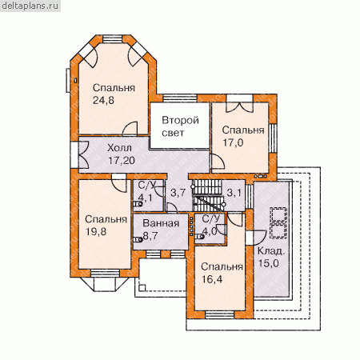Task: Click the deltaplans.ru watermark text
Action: [x=30, y=6]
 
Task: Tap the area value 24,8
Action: [x=103, y=100]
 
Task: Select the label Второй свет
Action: [x=180, y=126]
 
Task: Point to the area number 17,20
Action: [x=122, y=160]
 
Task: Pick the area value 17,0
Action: [x=233, y=142]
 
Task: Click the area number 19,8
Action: [x=96, y=231]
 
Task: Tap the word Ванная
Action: [x=161, y=223]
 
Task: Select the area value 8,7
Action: [x=150, y=236]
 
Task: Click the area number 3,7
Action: [x=178, y=192]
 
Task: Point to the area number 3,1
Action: [x=234, y=192]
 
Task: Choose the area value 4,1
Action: [x=146, y=198]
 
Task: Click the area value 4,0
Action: [x=210, y=231]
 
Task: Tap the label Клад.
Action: [x=271, y=251]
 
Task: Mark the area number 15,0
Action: [x=269, y=263]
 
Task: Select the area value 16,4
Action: [x=212, y=279]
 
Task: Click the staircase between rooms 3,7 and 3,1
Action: [x=207, y=196]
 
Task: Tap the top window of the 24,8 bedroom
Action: [x=113, y=39]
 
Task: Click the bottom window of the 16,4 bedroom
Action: [x=220, y=314]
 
